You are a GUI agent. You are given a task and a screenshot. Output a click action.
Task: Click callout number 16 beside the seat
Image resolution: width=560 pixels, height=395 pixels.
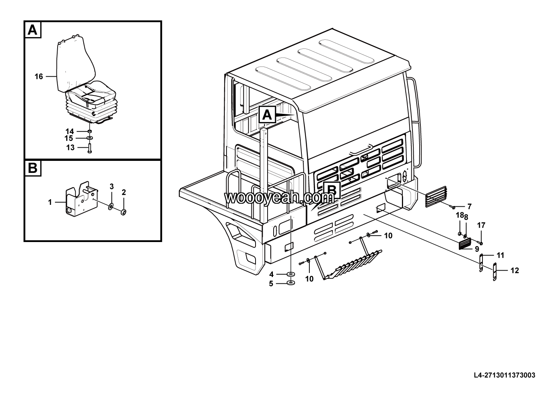pos(39,77)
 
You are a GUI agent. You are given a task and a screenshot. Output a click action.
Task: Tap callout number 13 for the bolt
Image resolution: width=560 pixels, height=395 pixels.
pos(70,148)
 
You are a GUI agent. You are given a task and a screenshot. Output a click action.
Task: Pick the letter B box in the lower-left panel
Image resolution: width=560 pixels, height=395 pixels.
pos(33,168)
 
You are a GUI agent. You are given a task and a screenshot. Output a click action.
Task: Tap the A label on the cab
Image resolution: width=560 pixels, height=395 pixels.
pos(267,115)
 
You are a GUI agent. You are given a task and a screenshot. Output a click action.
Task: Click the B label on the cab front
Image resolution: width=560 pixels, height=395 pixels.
pos(332,191)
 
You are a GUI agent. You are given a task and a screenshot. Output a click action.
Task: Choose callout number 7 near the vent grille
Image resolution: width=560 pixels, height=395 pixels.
pos(469,206)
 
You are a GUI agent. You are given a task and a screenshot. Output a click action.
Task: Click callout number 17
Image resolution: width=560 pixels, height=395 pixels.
pos(481,225)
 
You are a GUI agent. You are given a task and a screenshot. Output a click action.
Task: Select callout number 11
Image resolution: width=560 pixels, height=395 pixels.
pos(500,256)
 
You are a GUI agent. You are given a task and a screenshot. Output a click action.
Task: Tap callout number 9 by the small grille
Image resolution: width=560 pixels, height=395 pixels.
pos(476,249)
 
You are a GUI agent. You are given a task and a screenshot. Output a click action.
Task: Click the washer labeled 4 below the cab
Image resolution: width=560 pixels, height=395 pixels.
pos(291,274)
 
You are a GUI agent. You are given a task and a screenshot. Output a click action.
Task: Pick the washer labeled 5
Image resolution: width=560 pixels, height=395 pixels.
pos(291,283)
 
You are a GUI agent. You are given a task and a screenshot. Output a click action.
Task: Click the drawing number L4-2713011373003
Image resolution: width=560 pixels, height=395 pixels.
pos(504,375)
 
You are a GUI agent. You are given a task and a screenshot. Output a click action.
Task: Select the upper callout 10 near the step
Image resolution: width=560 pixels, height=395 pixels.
pos(388,236)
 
